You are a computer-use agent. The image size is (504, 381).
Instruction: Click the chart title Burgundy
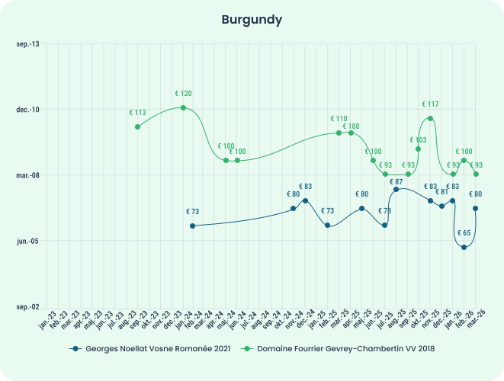coord(252,19)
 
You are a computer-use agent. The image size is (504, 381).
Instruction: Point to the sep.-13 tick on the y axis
coord(28,44)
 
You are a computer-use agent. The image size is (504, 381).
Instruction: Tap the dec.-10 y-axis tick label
coord(28,110)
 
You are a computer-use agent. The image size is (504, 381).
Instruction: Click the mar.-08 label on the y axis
coord(28,175)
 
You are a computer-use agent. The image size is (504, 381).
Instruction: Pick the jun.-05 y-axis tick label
coord(28,241)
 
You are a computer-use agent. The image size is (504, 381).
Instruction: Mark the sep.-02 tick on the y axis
coord(28,306)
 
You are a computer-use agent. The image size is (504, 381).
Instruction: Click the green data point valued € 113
coord(137,126)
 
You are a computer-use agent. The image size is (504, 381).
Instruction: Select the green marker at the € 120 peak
coord(183,107)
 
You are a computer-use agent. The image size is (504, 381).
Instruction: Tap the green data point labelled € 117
coord(431,118)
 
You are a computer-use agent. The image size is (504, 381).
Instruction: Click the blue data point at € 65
coord(464,247)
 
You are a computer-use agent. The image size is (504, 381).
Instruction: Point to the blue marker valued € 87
coord(396,189)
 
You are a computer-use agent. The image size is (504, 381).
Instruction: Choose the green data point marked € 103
coord(418,149)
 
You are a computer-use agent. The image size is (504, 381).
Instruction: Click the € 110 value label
coord(339,119)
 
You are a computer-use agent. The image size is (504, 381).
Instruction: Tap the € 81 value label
coord(442,192)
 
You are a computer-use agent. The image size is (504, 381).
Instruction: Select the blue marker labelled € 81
coord(441,207)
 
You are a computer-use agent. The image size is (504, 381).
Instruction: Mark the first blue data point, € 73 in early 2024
coord(192,226)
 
